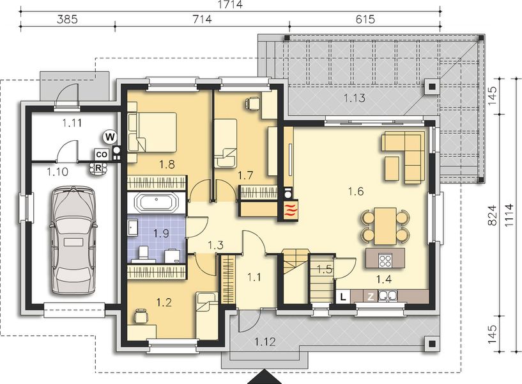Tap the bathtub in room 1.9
click(x=157, y=204)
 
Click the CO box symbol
click(x=101, y=154)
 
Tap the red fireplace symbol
click(x=289, y=207)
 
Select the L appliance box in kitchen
click(x=343, y=296)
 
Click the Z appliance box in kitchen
click(x=370, y=296)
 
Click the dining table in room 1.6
click(x=385, y=226)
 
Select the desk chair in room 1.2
click(x=141, y=314)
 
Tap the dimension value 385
click(x=68, y=19)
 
